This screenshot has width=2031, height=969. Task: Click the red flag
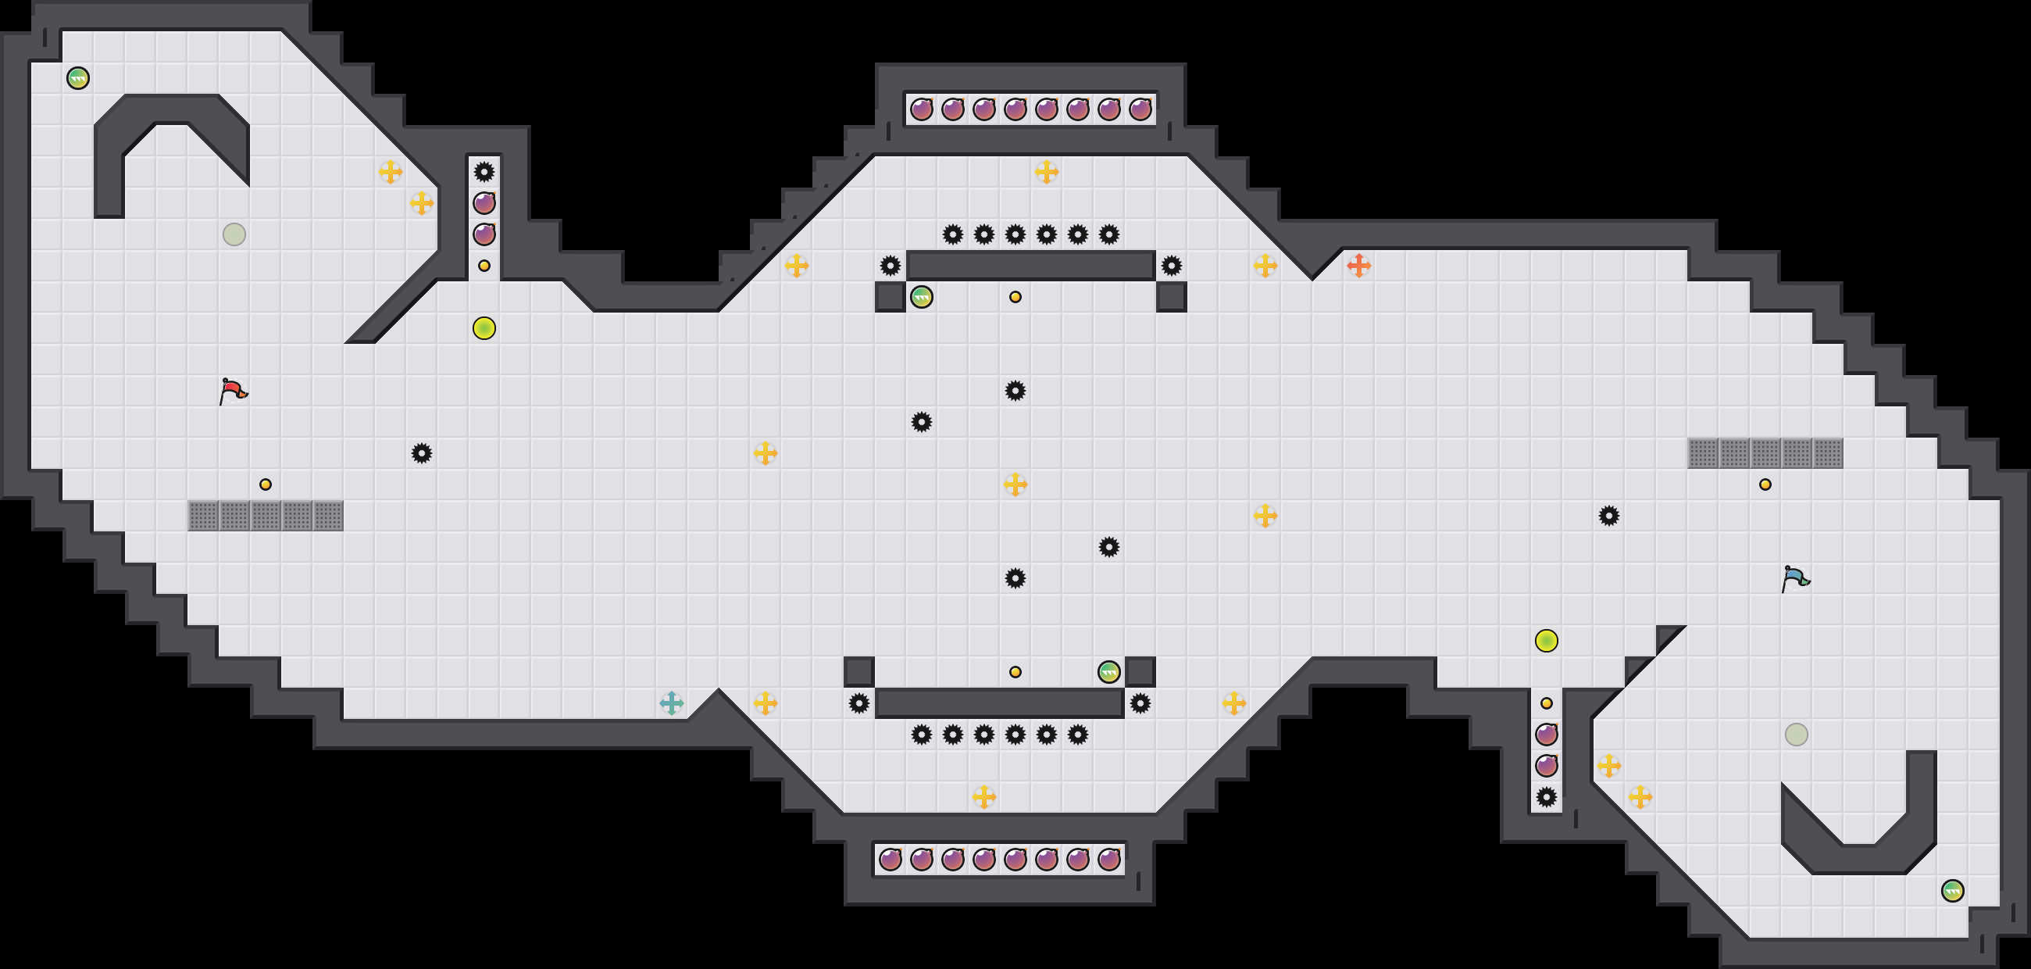pyautogui.click(x=233, y=391)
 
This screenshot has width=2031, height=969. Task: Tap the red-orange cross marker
pyautogui.click(x=1358, y=266)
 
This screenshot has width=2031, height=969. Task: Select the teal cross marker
pyautogui.click(x=671, y=703)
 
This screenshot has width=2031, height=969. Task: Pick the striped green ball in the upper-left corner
pyautogui.click(x=78, y=78)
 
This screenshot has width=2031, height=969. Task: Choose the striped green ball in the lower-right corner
pyautogui.click(x=1952, y=891)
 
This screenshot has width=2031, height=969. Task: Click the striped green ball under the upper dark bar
pyautogui.click(x=922, y=297)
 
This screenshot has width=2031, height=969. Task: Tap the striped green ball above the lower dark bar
pyautogui.click(x=1108, y=672)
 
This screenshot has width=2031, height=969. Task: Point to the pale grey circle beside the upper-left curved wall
pyautogui.click(x=234, y=234)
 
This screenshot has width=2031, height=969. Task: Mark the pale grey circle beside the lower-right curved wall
pyautogui.click(x=1796, y=734)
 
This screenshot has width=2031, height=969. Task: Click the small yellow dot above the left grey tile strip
pyautogui.click(x=266, y=484)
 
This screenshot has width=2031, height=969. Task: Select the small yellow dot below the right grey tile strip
pyautogui.click(x=1765, y=484)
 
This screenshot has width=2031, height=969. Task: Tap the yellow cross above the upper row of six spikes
pyautogui.click(x=1046, y=172)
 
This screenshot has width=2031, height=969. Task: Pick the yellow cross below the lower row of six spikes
pyautogui.click(x=984, y=796)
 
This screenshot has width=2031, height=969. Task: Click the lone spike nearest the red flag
pyautogui.click(x=422, y=453)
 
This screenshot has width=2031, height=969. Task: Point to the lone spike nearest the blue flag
pyautogui.click(x=1609, y=516)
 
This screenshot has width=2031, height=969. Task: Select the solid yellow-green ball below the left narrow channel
pyautogui.click(x=484, y=328)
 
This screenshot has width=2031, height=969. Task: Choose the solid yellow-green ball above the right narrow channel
pyautogui.click(x=1546, y=640)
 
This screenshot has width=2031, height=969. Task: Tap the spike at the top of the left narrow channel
pyautogui.click(x=484, y=172)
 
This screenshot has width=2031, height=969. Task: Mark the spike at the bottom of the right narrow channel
pyautogui.click(x=1546, y=796)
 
